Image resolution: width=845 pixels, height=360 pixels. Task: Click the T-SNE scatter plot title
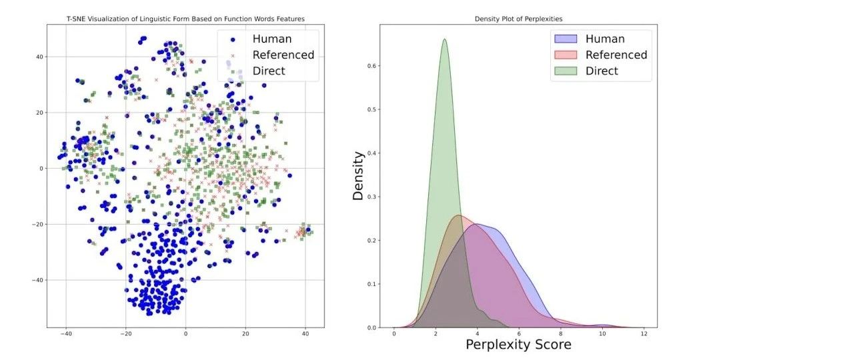coord(185,19)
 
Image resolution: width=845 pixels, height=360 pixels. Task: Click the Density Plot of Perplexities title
coord(517,19)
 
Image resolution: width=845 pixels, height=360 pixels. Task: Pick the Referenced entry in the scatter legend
coord(283,55)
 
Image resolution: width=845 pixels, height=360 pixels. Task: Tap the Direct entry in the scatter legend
coord(269,71)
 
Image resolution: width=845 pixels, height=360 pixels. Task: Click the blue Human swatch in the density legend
coord(566,39)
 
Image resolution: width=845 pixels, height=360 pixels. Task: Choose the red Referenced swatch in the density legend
coord(566,55)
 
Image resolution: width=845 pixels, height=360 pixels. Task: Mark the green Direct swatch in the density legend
coord(566,71)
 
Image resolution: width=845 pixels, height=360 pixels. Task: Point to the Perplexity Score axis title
coord(518,345)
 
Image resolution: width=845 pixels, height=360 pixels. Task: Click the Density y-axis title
coord(358,176)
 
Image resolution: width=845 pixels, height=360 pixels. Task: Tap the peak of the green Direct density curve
coord(444,39)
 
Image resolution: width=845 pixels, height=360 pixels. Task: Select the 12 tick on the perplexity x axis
coord(644,334)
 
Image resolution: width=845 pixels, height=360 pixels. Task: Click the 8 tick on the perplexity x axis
coord(560,334)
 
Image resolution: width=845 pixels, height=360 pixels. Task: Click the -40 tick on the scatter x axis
coord(65,334)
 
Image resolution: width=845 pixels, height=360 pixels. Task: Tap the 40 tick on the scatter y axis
coord(40,57)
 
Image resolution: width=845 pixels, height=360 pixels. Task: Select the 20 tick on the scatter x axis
coord(245,334)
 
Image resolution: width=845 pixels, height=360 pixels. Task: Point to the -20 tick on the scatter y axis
coord(38,225)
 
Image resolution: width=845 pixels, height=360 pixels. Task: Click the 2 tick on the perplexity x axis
coord(436,334)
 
